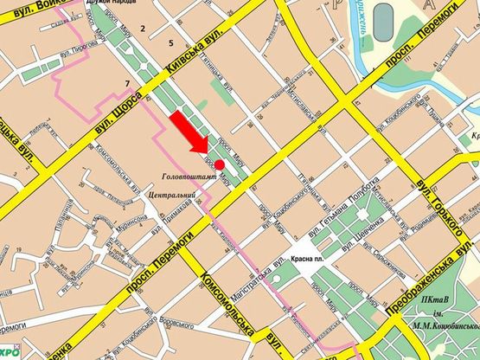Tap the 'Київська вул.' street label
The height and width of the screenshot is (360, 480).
(186, 62)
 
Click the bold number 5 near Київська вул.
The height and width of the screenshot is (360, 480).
(171, 42)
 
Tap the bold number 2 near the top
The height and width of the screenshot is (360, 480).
(144, 29)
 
